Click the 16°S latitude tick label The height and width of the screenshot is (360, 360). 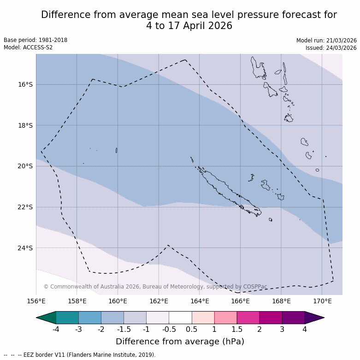click(25, 84)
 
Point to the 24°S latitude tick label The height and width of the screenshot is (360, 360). click(25, 248)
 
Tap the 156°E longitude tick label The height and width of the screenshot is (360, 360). click(36, 301)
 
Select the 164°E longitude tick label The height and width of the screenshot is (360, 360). click(200, 301)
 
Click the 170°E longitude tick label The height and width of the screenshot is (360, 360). click(322, 301)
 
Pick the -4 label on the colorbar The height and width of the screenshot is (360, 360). click(56, 330)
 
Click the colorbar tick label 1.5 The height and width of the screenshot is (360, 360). click(237, 330)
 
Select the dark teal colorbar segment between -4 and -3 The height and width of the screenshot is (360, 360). click(67, 318)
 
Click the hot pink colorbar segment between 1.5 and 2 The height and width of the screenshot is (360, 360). click(248, 318)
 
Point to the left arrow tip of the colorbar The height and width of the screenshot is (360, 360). click(37, 318)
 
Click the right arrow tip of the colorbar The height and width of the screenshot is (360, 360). click(323, 318)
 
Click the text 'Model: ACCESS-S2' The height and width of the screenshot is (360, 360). click(28, 47)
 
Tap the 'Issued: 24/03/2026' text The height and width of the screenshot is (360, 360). click(331, 48)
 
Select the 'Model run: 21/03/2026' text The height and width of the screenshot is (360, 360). click(326, 41)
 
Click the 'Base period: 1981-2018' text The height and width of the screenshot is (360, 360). click(35, 40)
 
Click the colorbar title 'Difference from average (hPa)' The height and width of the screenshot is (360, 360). click(180, 342)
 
